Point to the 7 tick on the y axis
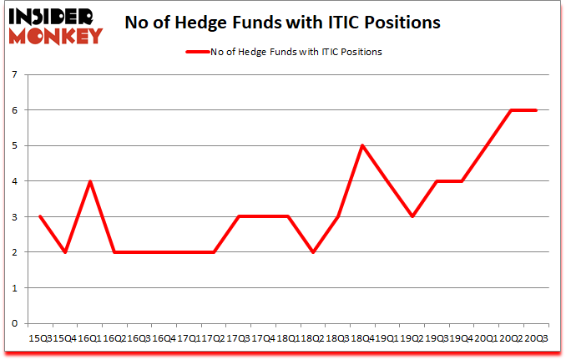tap(15, 74)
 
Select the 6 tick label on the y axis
tap(15, 110)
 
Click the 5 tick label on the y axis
tap(15, 145)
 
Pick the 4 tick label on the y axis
tap(15, 181)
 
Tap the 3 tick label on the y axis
tap(15, 216)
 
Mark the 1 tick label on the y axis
tap(15, 287)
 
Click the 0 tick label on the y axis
tap(15, 323)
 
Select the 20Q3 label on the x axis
tap(535, 339)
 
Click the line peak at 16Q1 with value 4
tap(90, 181)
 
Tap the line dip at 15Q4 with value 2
tap(65, 251)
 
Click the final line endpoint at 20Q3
tap(535, 110)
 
